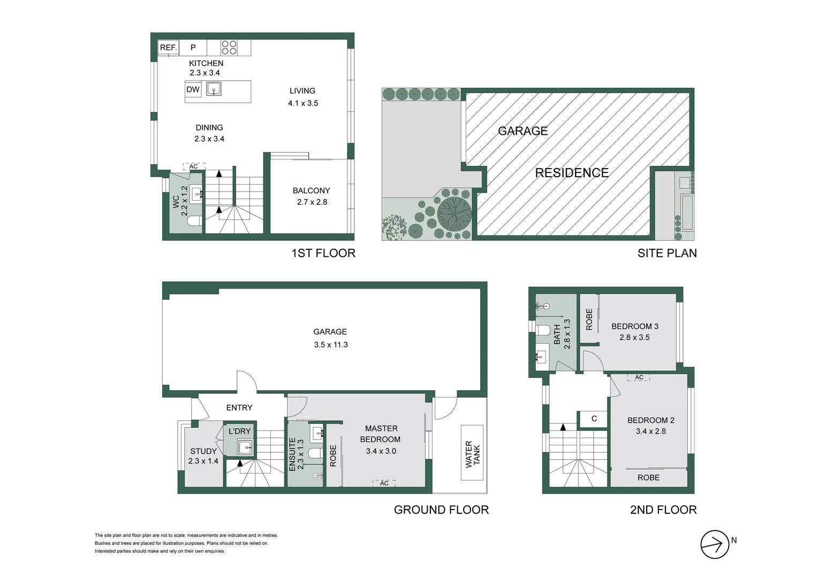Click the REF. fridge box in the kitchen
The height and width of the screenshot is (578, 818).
(x=169, y=48)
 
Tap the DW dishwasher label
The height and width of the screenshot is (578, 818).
(x=193, y=89)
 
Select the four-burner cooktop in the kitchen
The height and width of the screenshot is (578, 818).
(x=229, y=48)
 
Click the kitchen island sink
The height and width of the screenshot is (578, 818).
(x=214, y=89)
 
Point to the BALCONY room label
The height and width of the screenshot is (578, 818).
(x=311, y=191)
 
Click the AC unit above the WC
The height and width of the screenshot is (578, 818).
(x=194, y=166)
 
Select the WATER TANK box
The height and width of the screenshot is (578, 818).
(x=472, y=454)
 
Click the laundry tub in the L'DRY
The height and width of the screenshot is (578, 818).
(x=245, y=448)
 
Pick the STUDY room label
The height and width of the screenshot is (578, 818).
(x=203, y=451)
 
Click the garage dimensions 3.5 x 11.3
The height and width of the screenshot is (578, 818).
(x=331, y=345)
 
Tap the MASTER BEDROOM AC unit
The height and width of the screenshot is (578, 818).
(x=384, y=483)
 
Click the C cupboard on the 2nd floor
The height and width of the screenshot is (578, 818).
(x=594, y=419)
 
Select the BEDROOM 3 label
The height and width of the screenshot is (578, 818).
(x=635, y=326)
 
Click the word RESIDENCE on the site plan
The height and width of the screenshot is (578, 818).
(x=572, y=173)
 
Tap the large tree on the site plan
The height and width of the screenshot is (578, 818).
(x=455, y=214)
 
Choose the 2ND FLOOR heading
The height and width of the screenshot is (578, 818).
(x=663, y=510)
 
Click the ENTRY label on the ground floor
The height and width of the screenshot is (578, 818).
(x=239, y=408)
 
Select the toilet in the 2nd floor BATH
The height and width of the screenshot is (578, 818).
(x=543, y=329)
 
